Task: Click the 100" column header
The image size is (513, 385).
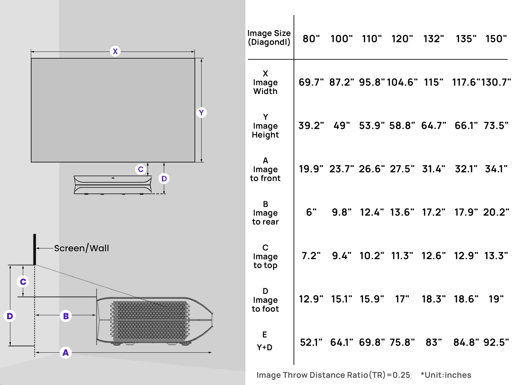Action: [341, 39]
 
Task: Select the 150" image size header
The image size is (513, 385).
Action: [496, 39]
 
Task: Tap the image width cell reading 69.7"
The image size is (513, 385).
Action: [311, 82]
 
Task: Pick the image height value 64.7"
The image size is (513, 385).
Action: [433, 126]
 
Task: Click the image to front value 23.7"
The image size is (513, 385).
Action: [341, 169]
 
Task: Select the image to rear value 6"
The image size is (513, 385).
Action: [311, 212]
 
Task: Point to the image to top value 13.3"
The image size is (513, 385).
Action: [496, 256]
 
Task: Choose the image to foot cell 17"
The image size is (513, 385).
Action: [402, 299]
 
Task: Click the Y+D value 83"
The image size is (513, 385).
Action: [433, 342]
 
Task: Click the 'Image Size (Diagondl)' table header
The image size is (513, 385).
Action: [269, 38]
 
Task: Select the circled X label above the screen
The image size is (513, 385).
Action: [115, 51]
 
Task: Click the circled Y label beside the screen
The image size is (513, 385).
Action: [201, 113]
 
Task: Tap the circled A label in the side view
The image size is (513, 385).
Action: [65, 353]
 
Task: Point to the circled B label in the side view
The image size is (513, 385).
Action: [66, 316]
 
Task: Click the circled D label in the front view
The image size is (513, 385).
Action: [164, 179]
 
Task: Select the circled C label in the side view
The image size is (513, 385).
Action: [23, 282]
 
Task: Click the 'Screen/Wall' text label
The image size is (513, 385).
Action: [81, 248]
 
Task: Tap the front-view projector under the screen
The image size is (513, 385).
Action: [113, 185]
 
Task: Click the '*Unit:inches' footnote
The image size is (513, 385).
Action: [446, 375]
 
